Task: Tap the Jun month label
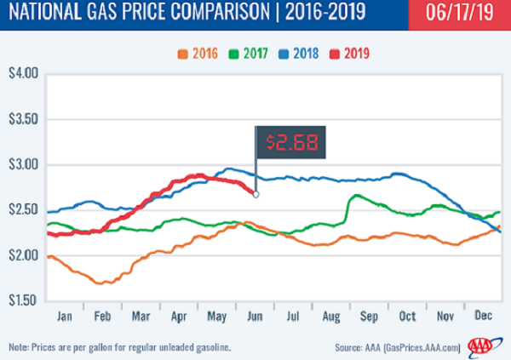tap(253, 315)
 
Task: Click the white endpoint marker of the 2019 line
tap(256, 194)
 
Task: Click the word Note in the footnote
tap(19, 347)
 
